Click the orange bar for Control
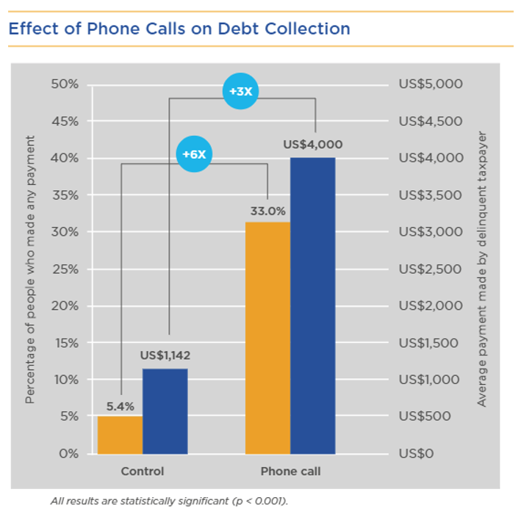(x=120, y=435)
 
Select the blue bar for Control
(x=165, y=411)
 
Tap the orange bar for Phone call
(x=267, y=338)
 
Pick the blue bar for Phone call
(x=313, y=305)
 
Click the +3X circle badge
(x=241, y=92)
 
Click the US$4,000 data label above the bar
(x=313, y=145)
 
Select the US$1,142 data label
(x=165, y=355)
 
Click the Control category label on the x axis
(x=142, y=471)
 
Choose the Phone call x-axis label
(x=290, y=471)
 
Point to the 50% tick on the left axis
(x=65, y=84)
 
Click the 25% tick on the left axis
(x=65, y=269)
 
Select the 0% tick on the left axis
(x=68, y=453)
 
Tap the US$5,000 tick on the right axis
(x=431, y=84)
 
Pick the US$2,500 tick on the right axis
(x=431, y=269)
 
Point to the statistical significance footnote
(x=168, y=501)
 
